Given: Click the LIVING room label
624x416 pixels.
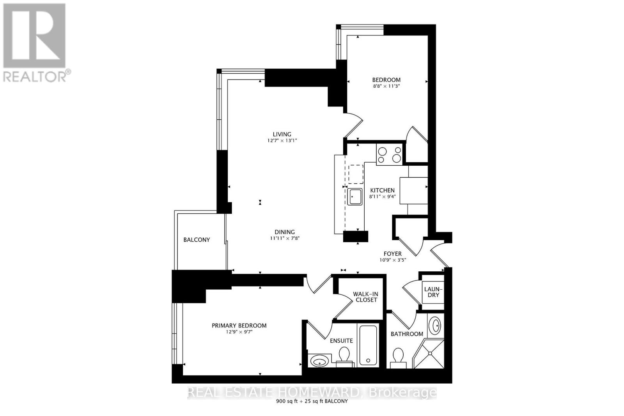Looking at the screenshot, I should click(282, 134).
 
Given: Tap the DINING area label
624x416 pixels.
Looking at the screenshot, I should click(284, 232).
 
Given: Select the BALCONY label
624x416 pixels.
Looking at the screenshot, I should click(197, 240).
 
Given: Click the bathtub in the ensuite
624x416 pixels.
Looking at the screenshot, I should click(368, 345).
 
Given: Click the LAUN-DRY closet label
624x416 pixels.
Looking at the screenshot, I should click(433, 292).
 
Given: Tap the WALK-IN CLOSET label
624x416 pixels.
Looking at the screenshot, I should click(365, 297).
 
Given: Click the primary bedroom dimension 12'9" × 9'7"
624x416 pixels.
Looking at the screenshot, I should click(239, 332).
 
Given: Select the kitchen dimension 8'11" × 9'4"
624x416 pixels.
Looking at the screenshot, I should click(383, 196).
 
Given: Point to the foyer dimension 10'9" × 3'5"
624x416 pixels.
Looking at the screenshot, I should click(392, 260).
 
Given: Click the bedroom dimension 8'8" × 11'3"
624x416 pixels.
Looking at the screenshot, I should click(386, 86).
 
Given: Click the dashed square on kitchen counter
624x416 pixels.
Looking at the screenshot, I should click(356, 174).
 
